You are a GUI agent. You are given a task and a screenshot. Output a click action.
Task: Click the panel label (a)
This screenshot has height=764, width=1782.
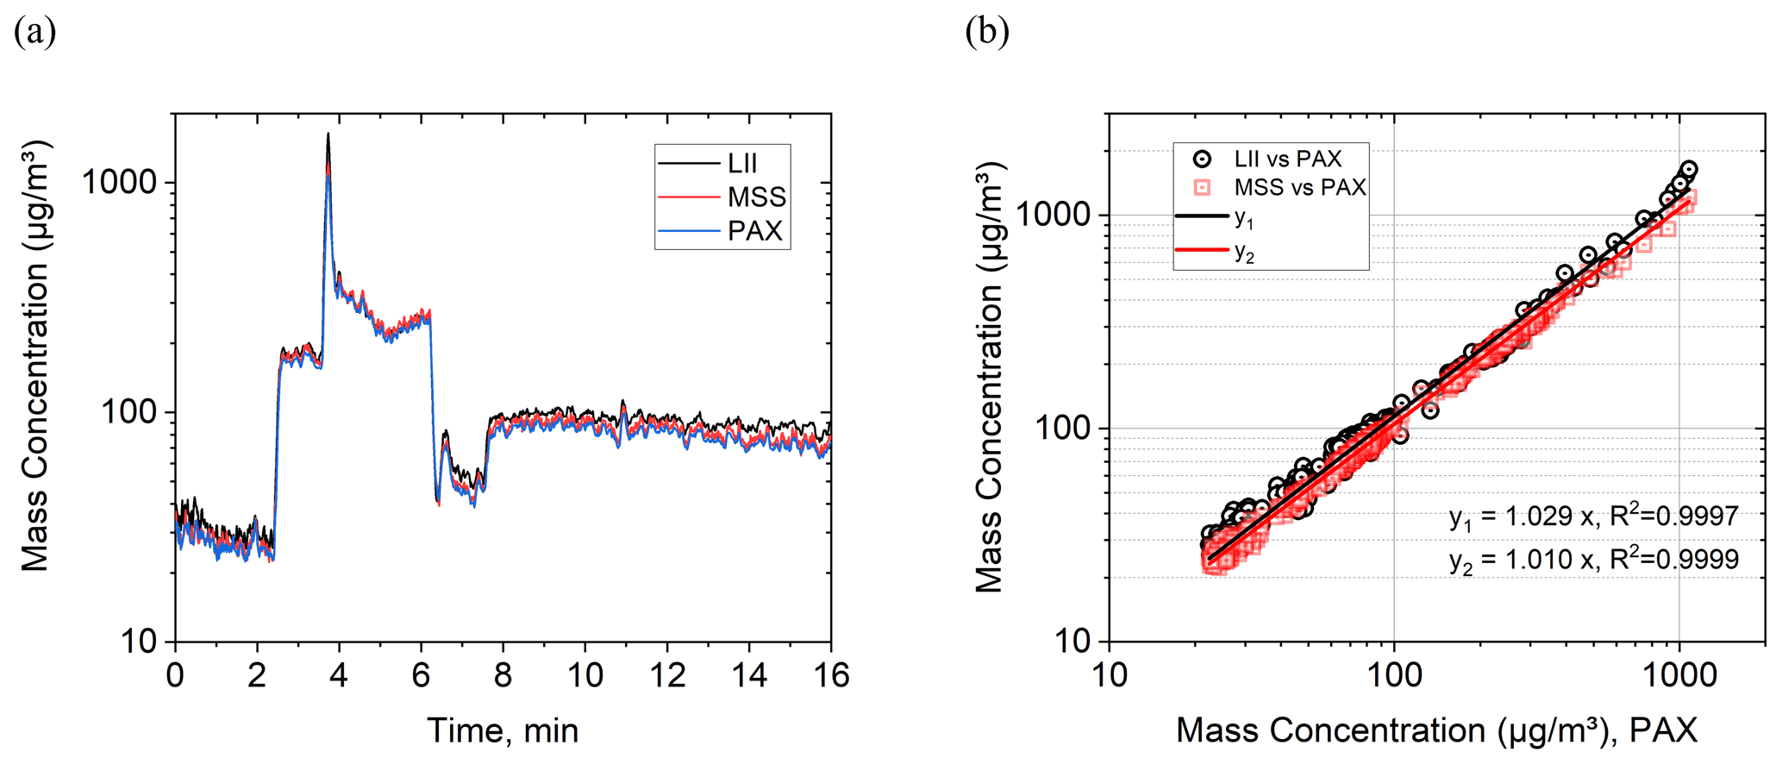point(35,33)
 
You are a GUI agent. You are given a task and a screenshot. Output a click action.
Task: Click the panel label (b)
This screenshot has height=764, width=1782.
point(987,33)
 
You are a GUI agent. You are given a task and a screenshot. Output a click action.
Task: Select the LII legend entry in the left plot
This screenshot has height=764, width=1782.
point(742,163)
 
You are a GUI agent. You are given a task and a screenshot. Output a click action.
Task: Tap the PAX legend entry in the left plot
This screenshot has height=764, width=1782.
point(754,231)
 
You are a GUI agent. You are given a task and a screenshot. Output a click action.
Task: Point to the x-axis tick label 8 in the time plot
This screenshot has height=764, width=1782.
point(503,674)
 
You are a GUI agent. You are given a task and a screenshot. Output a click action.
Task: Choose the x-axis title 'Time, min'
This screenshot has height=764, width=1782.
point(503,730)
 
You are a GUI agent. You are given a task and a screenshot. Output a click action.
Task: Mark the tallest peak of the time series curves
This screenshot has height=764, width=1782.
point(328,135)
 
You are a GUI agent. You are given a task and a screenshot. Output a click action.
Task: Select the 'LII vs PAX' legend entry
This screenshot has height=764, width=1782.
point(1287,159)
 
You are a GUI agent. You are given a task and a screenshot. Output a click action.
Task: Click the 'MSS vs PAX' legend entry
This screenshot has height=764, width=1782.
point(1299,187)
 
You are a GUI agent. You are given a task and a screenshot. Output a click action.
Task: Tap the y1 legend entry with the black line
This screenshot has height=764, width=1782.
point(1243,217)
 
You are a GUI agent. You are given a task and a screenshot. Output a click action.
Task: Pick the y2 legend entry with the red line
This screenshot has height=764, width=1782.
point(1243,252)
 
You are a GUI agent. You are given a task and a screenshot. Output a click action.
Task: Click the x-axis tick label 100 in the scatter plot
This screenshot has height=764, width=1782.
point(1394,674)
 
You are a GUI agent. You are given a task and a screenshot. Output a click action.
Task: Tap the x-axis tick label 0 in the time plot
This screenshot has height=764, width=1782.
point(175,674)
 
